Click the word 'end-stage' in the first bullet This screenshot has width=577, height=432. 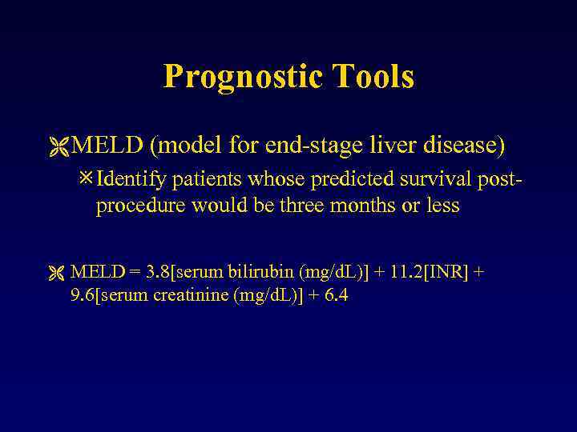point(310,146)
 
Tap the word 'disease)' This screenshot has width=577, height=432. point(460,146)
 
